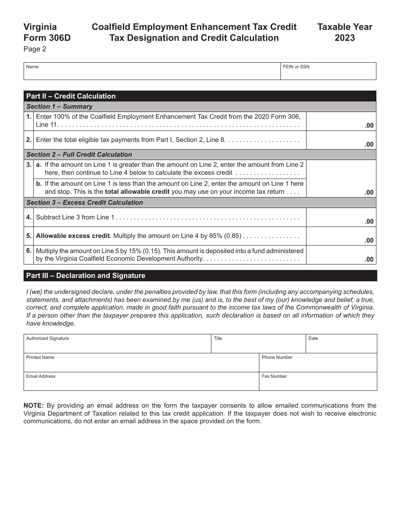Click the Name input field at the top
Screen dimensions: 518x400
152,72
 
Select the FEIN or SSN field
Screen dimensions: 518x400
328,72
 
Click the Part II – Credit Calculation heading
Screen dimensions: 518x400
71,96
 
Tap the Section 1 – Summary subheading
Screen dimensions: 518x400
59,107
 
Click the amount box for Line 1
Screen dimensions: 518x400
341,121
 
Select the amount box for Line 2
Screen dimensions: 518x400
341,140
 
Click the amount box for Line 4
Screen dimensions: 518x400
341,217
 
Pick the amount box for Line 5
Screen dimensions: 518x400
341,236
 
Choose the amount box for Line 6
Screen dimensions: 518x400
341,255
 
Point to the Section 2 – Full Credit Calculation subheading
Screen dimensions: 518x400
79,155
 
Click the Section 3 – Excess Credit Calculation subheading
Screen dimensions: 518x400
85,203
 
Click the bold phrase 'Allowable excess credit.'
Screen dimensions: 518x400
74,236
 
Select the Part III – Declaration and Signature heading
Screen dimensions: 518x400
85,276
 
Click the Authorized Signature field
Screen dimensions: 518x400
117,344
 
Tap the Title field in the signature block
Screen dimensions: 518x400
258,344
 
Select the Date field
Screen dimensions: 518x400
341,344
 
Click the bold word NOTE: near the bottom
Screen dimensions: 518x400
34,406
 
